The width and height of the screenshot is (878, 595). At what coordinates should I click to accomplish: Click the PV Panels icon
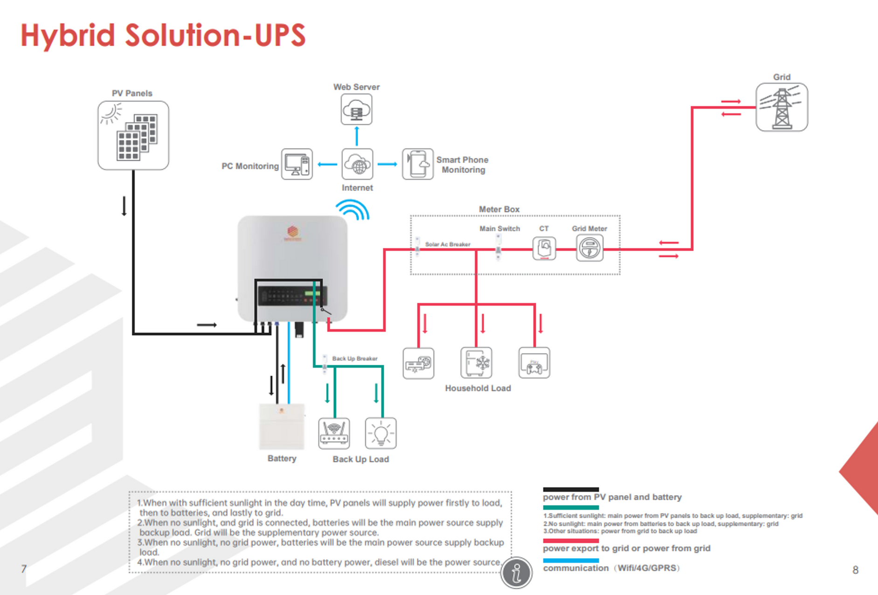133,136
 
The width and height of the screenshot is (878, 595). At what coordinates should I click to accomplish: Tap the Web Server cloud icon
356,109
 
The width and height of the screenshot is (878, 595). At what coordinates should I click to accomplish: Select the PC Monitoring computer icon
297,164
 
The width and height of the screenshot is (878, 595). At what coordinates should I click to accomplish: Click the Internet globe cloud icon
357,164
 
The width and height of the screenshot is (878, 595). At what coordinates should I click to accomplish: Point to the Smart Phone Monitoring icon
418,164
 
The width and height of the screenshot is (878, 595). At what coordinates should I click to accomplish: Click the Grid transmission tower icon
781,108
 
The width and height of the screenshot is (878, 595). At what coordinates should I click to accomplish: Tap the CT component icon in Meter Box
544,248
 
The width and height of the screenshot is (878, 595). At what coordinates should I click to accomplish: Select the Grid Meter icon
589,248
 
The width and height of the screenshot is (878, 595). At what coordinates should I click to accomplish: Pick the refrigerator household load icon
476,363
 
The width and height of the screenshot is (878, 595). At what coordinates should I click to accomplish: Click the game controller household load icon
534,363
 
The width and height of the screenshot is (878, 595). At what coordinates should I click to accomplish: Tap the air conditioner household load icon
418,363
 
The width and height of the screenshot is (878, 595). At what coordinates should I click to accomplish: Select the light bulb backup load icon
380,433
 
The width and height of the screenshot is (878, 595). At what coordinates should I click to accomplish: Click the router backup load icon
334,433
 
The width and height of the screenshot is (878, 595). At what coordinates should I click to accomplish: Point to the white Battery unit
282,427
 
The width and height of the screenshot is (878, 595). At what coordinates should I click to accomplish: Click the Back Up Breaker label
354,358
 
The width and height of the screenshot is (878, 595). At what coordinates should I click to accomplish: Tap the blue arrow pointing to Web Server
357,136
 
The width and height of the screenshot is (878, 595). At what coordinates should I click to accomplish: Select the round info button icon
516,573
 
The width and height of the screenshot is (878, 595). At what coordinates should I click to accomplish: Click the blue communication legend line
571,561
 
